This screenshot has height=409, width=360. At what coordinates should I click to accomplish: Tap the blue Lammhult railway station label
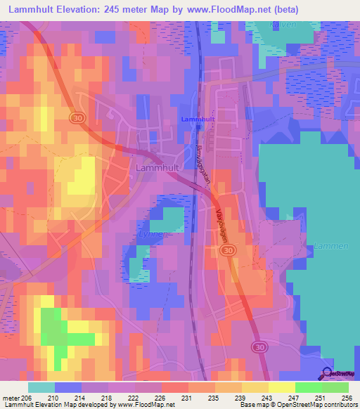pyautogui.click(x=198, y=119)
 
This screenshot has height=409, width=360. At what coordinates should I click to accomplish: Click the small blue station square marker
pyautogui.click(x=199, y=127)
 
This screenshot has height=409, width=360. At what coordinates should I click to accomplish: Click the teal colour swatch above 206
pyautogui.click(x=41, y=387)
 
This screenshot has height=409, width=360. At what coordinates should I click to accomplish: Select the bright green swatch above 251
pyautogui.click(x=308, y=387)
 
